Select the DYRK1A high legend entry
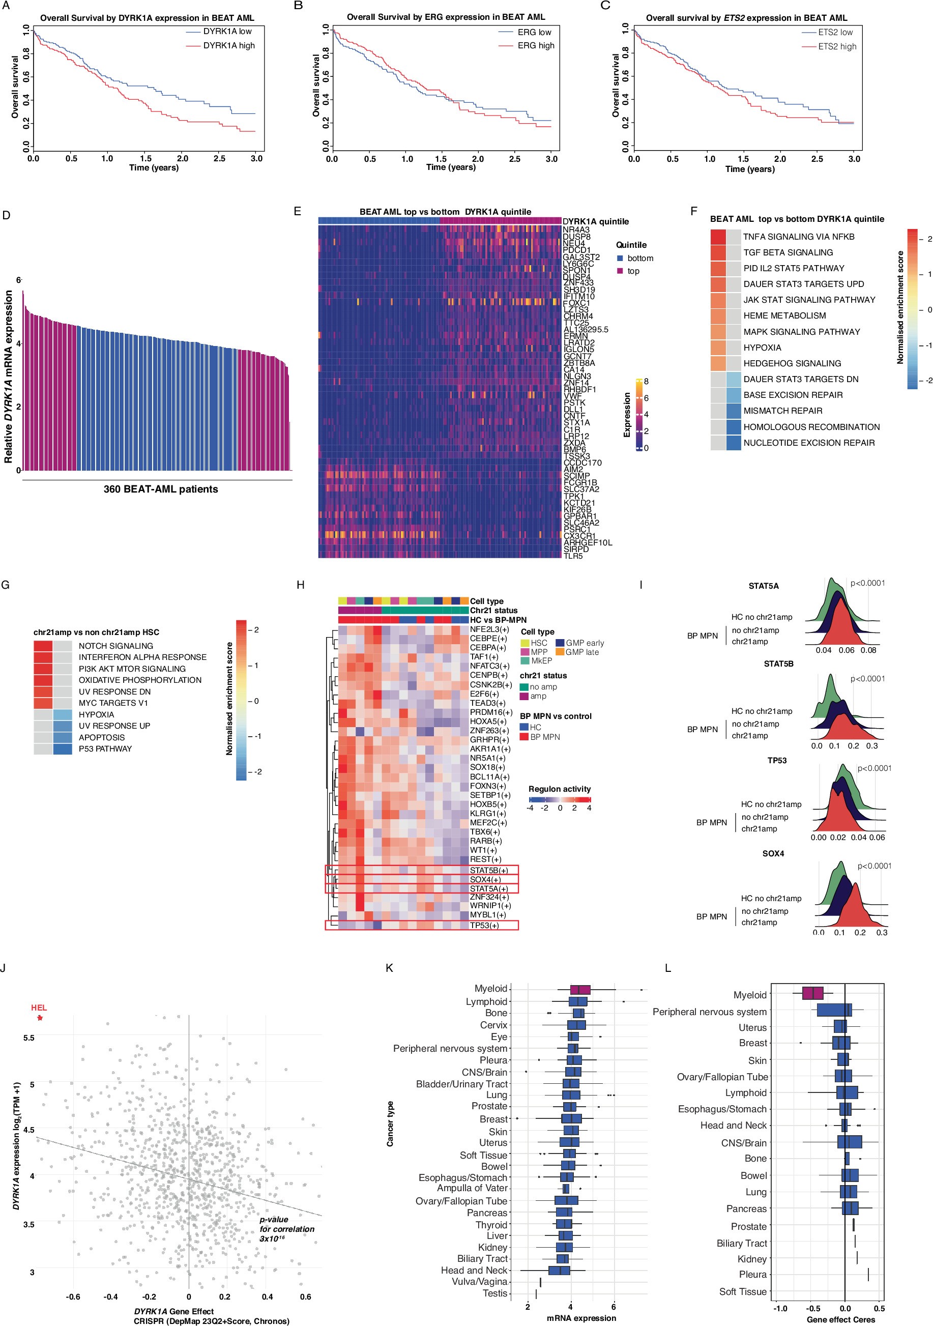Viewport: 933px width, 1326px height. (228, 46)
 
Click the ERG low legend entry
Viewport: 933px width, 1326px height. (534, 33)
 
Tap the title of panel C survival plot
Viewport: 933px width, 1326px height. (746, 18)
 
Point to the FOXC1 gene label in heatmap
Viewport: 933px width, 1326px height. (576, 303)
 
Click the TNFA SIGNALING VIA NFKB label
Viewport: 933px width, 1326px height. (799, 237)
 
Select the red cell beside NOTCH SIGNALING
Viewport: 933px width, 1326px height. (43, 646)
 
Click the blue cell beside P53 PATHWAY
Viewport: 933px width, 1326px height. (63, 748)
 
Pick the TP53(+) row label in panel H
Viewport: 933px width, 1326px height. (484, 925)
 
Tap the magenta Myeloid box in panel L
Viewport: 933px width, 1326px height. (812, 992)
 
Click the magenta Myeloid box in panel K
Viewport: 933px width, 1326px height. (579, 989)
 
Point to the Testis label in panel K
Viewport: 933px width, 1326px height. (495, 1293)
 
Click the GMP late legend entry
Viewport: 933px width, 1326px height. (582, 652)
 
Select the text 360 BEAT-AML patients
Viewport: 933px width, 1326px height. (161, 489)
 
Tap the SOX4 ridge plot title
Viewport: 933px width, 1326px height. (773, 854)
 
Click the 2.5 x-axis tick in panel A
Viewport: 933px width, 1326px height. (219, 158)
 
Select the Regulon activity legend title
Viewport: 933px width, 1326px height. (560, 789)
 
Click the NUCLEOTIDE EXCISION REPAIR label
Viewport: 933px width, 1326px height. (809, 443)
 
